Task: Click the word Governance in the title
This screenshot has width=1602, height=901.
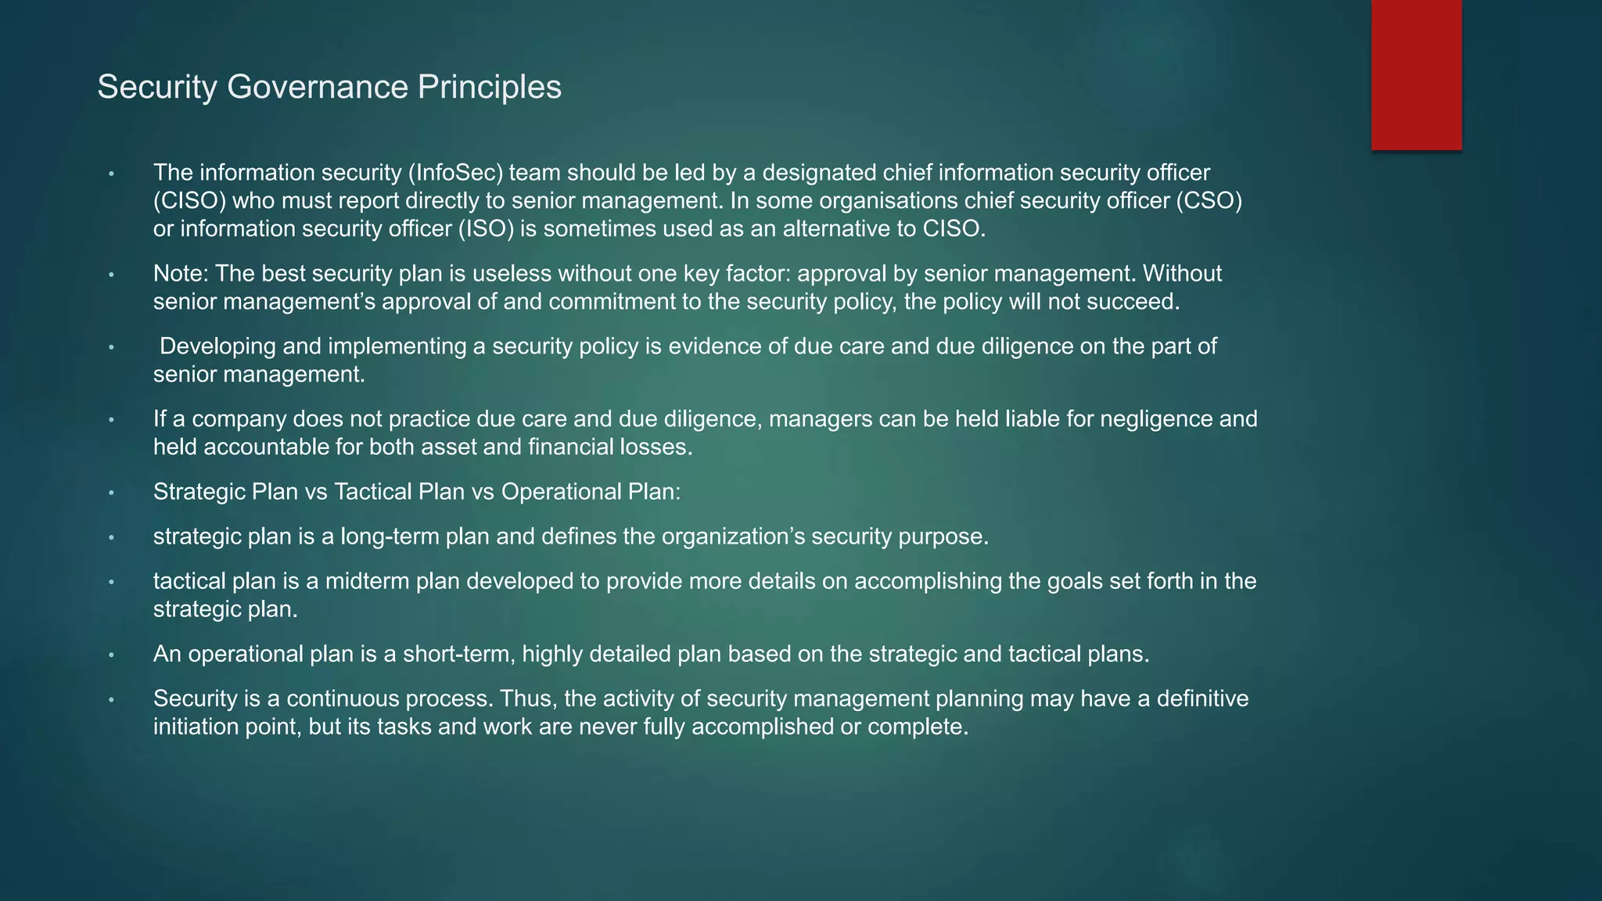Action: coord(318,87)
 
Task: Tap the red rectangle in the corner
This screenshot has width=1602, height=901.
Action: coord(1416,74)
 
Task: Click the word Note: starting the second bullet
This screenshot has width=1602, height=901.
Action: coord(181,274)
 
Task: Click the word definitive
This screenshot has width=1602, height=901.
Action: coord(1203,698)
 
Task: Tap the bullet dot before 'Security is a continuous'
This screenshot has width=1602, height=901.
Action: coord(112,699)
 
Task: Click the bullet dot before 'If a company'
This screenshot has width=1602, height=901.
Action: coord(112,420)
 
